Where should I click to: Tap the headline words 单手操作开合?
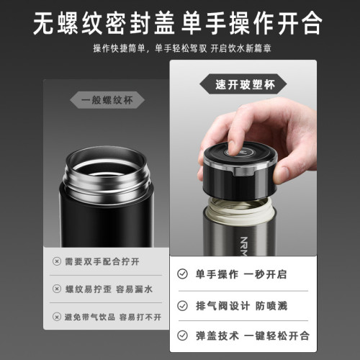coord(252,23)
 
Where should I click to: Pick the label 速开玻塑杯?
coord(243,84)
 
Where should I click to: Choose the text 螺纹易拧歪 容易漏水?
coord(108,289)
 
